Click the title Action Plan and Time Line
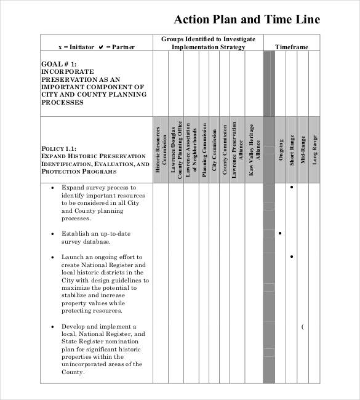247,19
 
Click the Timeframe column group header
292,47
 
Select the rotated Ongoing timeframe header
281,150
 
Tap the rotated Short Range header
292,150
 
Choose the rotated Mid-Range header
303,150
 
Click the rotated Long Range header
314,150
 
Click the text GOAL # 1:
59,64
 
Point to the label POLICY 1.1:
58,148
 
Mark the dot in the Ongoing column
280,233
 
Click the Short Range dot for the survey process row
291,186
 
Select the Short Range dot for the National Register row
291,256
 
